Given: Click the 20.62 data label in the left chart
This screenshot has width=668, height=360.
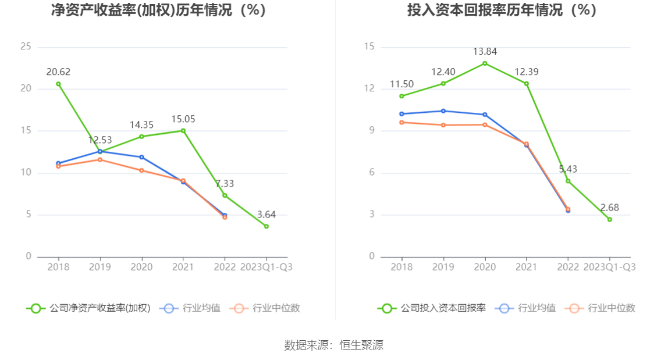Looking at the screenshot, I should tap(58, 72).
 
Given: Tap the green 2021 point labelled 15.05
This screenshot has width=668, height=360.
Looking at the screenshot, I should tap(183, 130).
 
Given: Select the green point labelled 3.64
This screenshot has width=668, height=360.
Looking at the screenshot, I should tap(267, 226).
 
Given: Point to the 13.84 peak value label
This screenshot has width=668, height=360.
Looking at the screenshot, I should tap(485, 52).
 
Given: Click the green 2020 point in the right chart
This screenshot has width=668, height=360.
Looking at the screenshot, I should tap(485, 63).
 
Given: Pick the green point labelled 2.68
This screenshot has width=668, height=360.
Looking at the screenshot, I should tap(610, 219).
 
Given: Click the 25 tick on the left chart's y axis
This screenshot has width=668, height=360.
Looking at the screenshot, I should tap(26, 47).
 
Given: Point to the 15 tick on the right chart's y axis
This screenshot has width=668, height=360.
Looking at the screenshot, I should tap(369, 47).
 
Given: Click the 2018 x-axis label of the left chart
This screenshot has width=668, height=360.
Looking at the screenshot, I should tap(58, 267).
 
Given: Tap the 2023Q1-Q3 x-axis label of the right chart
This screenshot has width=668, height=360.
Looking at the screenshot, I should tap(610, 267).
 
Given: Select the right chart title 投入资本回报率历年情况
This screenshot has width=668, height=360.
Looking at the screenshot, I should tap(502, 10).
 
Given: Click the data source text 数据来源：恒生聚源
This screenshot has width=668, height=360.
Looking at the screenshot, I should tap(334, 345).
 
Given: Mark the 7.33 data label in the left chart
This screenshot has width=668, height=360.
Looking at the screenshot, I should tap(225, 184).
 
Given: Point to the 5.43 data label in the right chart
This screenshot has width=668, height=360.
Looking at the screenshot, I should tap(568, 169).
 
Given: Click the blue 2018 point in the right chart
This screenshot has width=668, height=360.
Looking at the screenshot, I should tap(401, 114).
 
